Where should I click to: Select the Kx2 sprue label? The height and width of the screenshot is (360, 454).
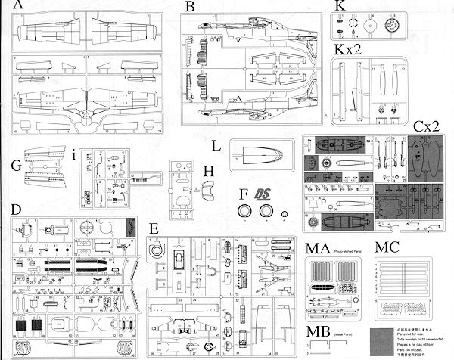click(x=350, y=51)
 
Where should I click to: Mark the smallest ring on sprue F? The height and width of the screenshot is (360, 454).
click(x=283, y=221)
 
